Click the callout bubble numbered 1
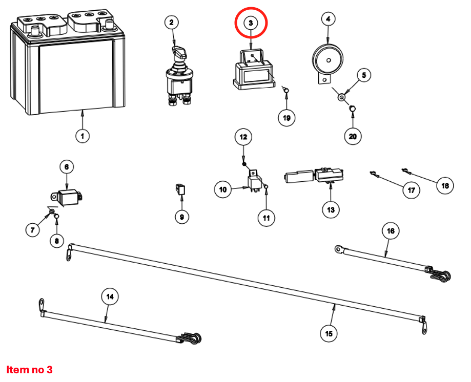[82, 136]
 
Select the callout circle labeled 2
[172, 22]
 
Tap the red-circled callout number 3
[251, 23]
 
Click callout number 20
[353, 136]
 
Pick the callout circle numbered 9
[181, 217]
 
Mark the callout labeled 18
[445, 185]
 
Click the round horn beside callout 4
[325, 60]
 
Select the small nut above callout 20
[353, 108]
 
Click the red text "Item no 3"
[29, 369]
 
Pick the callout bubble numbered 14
[110, 296]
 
